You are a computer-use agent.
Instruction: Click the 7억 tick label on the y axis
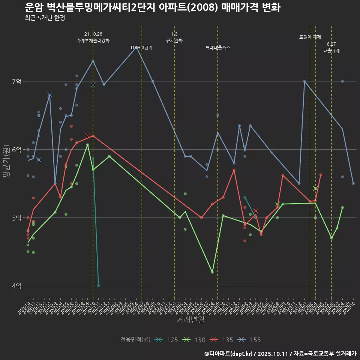pos(16,81)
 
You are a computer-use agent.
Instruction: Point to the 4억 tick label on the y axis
pos(16,286)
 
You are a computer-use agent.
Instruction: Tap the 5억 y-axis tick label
pos(16,217)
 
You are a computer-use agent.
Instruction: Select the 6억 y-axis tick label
pos(16,150)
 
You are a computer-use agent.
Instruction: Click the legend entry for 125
pos(166,340)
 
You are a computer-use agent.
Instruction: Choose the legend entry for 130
pos(194,340)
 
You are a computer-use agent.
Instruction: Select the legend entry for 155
pos(249,340)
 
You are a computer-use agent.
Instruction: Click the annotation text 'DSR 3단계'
pos(141,48)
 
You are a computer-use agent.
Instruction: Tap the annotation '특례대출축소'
pos(218,48)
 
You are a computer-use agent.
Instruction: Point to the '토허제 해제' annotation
pos(310,37)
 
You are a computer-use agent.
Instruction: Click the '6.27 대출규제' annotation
pos(331,48)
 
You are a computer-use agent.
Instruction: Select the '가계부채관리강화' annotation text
pos(93,40)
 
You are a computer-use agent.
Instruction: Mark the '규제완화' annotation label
pos(174,40)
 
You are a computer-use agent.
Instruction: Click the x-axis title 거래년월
pos(190,320)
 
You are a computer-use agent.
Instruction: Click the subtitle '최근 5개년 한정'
pos(45,18)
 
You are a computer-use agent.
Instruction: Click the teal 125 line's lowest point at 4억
pos(98,286)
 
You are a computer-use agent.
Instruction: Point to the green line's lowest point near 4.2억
pos(212,272)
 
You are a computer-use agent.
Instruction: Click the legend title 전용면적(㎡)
pos(135,340)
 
